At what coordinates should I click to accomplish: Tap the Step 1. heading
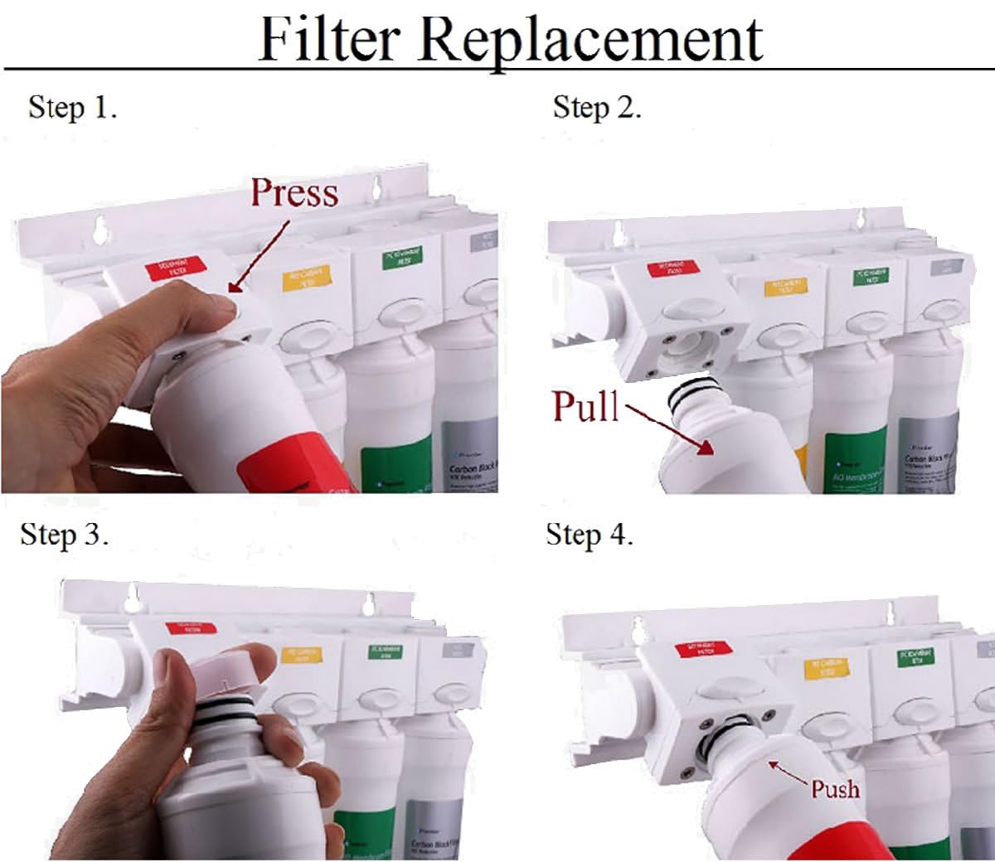click(73, 108)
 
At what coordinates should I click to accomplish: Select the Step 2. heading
click(597, 108)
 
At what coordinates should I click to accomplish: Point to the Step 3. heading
click(65, 535)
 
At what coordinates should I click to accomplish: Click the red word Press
click(294, 192)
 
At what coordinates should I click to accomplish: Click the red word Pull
click(585, 406)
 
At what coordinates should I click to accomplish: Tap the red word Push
click(835, 788)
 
